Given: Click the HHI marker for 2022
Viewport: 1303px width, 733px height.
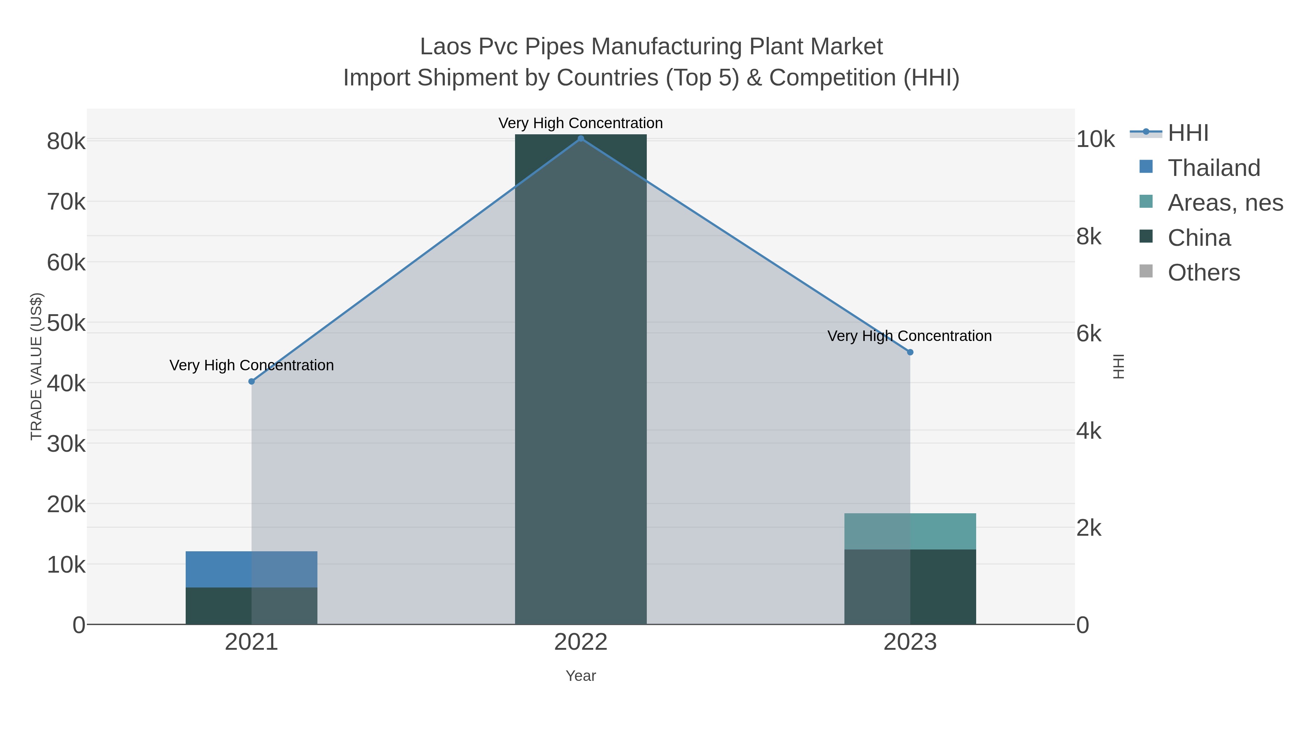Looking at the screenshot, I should [581, 139].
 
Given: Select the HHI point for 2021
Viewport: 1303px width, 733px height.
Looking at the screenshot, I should [252, 382].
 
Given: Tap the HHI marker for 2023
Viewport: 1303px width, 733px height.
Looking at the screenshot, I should [910, 352].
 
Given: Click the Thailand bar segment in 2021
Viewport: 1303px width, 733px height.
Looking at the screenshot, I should [252, 569].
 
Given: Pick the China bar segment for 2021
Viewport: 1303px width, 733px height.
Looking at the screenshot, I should [252, 606].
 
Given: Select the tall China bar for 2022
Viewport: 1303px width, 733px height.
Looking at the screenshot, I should [581, 379].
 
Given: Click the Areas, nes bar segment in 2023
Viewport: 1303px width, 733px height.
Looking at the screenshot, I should [910, 531].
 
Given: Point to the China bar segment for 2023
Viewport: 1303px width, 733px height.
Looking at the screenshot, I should [910, 587].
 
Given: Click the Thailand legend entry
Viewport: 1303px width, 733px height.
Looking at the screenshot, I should [1214, 168].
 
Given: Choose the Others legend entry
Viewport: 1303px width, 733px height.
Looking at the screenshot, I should [1203, 273].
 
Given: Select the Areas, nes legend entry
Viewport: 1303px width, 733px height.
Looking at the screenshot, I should [1224, 203].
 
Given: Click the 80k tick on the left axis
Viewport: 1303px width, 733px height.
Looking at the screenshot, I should [66, 142].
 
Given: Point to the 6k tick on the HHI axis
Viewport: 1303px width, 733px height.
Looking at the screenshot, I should [1088, 334].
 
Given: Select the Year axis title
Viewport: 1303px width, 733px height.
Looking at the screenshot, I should [581, 676].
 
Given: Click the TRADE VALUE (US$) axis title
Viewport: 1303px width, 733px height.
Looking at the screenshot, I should [37, 366].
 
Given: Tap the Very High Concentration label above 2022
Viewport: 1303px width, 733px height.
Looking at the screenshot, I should [581, 123].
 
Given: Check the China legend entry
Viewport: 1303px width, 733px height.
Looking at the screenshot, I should [1199, 238].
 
